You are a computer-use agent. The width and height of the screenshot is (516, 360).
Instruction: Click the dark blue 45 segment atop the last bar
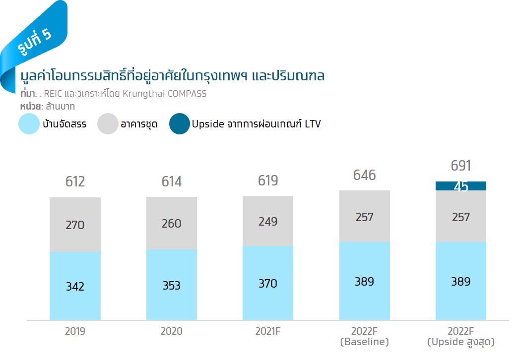(460, 186)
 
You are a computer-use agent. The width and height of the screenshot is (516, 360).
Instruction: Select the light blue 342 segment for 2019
(75, 286)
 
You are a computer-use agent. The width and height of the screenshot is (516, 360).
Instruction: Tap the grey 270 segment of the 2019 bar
(75, 225)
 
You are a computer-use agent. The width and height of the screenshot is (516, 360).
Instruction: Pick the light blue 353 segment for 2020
(171, 285)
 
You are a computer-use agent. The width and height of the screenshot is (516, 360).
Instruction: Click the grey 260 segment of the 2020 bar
(171, 223)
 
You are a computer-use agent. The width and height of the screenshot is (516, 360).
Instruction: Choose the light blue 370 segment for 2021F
(268, 283)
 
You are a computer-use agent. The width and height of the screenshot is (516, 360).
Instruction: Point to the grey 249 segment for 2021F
(268, 221)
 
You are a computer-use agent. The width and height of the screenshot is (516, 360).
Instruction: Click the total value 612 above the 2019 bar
(75, 181)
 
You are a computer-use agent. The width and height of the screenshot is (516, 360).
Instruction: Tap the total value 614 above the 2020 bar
(171, 181)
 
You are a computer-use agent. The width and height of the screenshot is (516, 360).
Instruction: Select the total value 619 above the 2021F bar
(268, 180)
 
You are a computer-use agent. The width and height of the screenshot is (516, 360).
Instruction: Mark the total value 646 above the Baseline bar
(364, 175)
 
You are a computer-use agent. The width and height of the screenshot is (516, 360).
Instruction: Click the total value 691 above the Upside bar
(460, 165)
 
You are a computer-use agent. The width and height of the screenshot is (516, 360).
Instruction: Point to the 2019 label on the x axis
(75, 331)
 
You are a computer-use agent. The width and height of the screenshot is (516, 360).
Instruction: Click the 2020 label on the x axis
(171, 331)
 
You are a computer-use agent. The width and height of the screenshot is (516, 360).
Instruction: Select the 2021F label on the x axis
(268, 331)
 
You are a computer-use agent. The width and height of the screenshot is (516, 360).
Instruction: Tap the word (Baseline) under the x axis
(364, 342)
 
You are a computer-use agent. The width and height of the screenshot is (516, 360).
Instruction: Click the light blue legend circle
(29, 124)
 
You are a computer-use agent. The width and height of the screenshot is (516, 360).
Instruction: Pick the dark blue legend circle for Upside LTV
(179, 124)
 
